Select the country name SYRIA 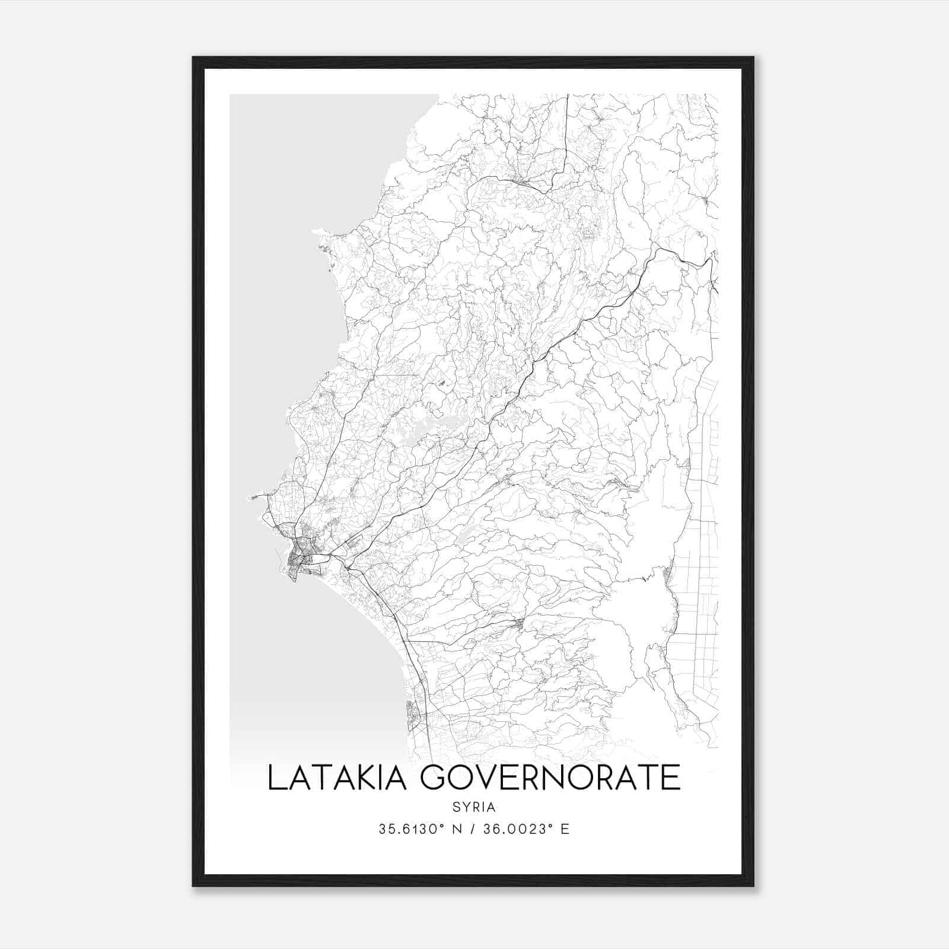click(473, 807)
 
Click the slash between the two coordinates click(472, 829)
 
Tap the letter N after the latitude click(457, 829)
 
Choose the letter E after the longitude click(565, 829)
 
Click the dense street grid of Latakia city click(300, 561)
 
